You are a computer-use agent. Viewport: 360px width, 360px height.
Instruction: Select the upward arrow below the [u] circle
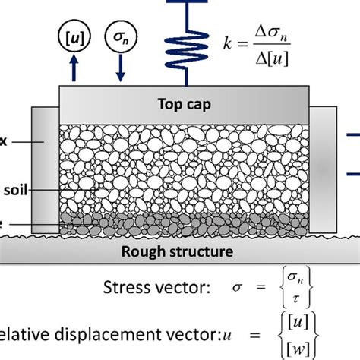click(73, 68)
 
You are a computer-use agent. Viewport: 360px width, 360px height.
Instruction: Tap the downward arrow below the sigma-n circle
click(120, 68)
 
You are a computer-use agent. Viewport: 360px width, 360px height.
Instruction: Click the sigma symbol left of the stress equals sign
click(230, 290)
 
